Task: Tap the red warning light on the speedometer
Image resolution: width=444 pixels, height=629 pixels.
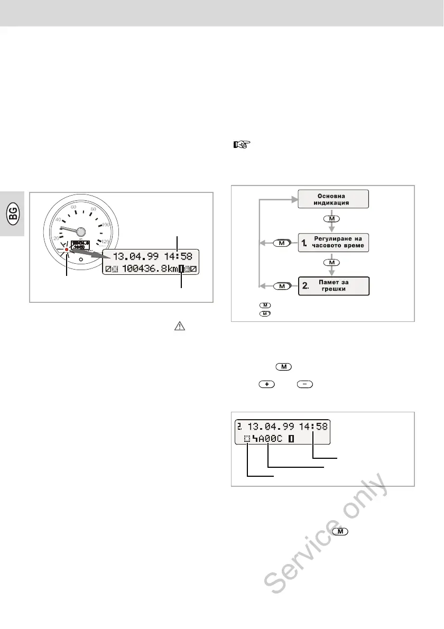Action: tap(67, 249)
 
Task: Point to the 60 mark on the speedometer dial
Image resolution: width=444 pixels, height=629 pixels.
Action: tap(73, 207)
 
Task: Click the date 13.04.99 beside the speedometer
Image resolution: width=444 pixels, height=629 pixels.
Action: tap(132, 257)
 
